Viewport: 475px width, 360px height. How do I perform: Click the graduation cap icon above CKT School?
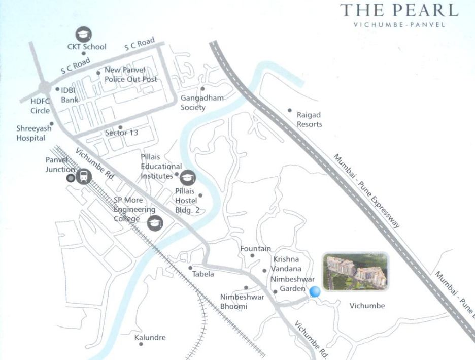pyautogui.click(x=83, y=34)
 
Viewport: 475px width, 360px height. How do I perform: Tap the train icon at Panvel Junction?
pyautogui.click(x=83, y=176)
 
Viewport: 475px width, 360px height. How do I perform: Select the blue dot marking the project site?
pyautogui.click(x=315, y=291)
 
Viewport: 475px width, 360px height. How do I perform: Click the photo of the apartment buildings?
pyautogui.click(x=355, y=272)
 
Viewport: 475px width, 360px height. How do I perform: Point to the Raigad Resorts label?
pyautogui.click(x=309, y=120)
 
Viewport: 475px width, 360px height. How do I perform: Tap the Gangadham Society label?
pyautogui.click(x=202, y=103)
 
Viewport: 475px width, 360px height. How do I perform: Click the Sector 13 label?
pyautogui.click(x=121, y=133)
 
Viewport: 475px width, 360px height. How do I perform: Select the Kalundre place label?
pyautogui.click(x=150, y=337)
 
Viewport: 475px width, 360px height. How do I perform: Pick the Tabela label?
pyautogui.click(x=203, y=274)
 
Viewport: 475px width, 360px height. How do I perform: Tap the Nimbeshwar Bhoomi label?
pyautogui.click(x=242, y=302)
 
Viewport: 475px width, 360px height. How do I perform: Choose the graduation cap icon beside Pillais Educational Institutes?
pyautogui.click(x=188, y=177)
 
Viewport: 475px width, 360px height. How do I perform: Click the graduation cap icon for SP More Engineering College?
pyautogui.click(x=155, y=222)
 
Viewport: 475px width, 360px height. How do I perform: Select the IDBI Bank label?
pyautogui.click(x=70, y=95)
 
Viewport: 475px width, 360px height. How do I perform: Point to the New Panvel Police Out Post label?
pyautogui.click(x=130, y=75)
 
